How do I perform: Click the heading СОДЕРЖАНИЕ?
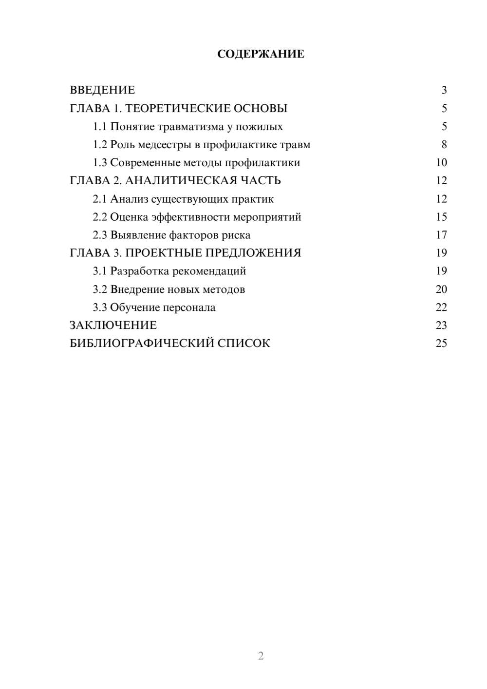(261, 54)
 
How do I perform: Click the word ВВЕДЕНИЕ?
(102, 90)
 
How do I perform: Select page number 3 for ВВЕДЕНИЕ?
(444, 90)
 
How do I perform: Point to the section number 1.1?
(100, 127)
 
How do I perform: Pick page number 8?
(444, 145)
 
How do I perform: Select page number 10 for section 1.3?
(441, 163)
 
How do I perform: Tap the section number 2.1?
(100, 199)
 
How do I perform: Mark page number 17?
(441, 235)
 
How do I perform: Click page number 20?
(441, 289)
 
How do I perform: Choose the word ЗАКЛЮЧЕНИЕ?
(113, 325)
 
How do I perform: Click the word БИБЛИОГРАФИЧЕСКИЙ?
(142, 344)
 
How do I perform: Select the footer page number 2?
(261, 656)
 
